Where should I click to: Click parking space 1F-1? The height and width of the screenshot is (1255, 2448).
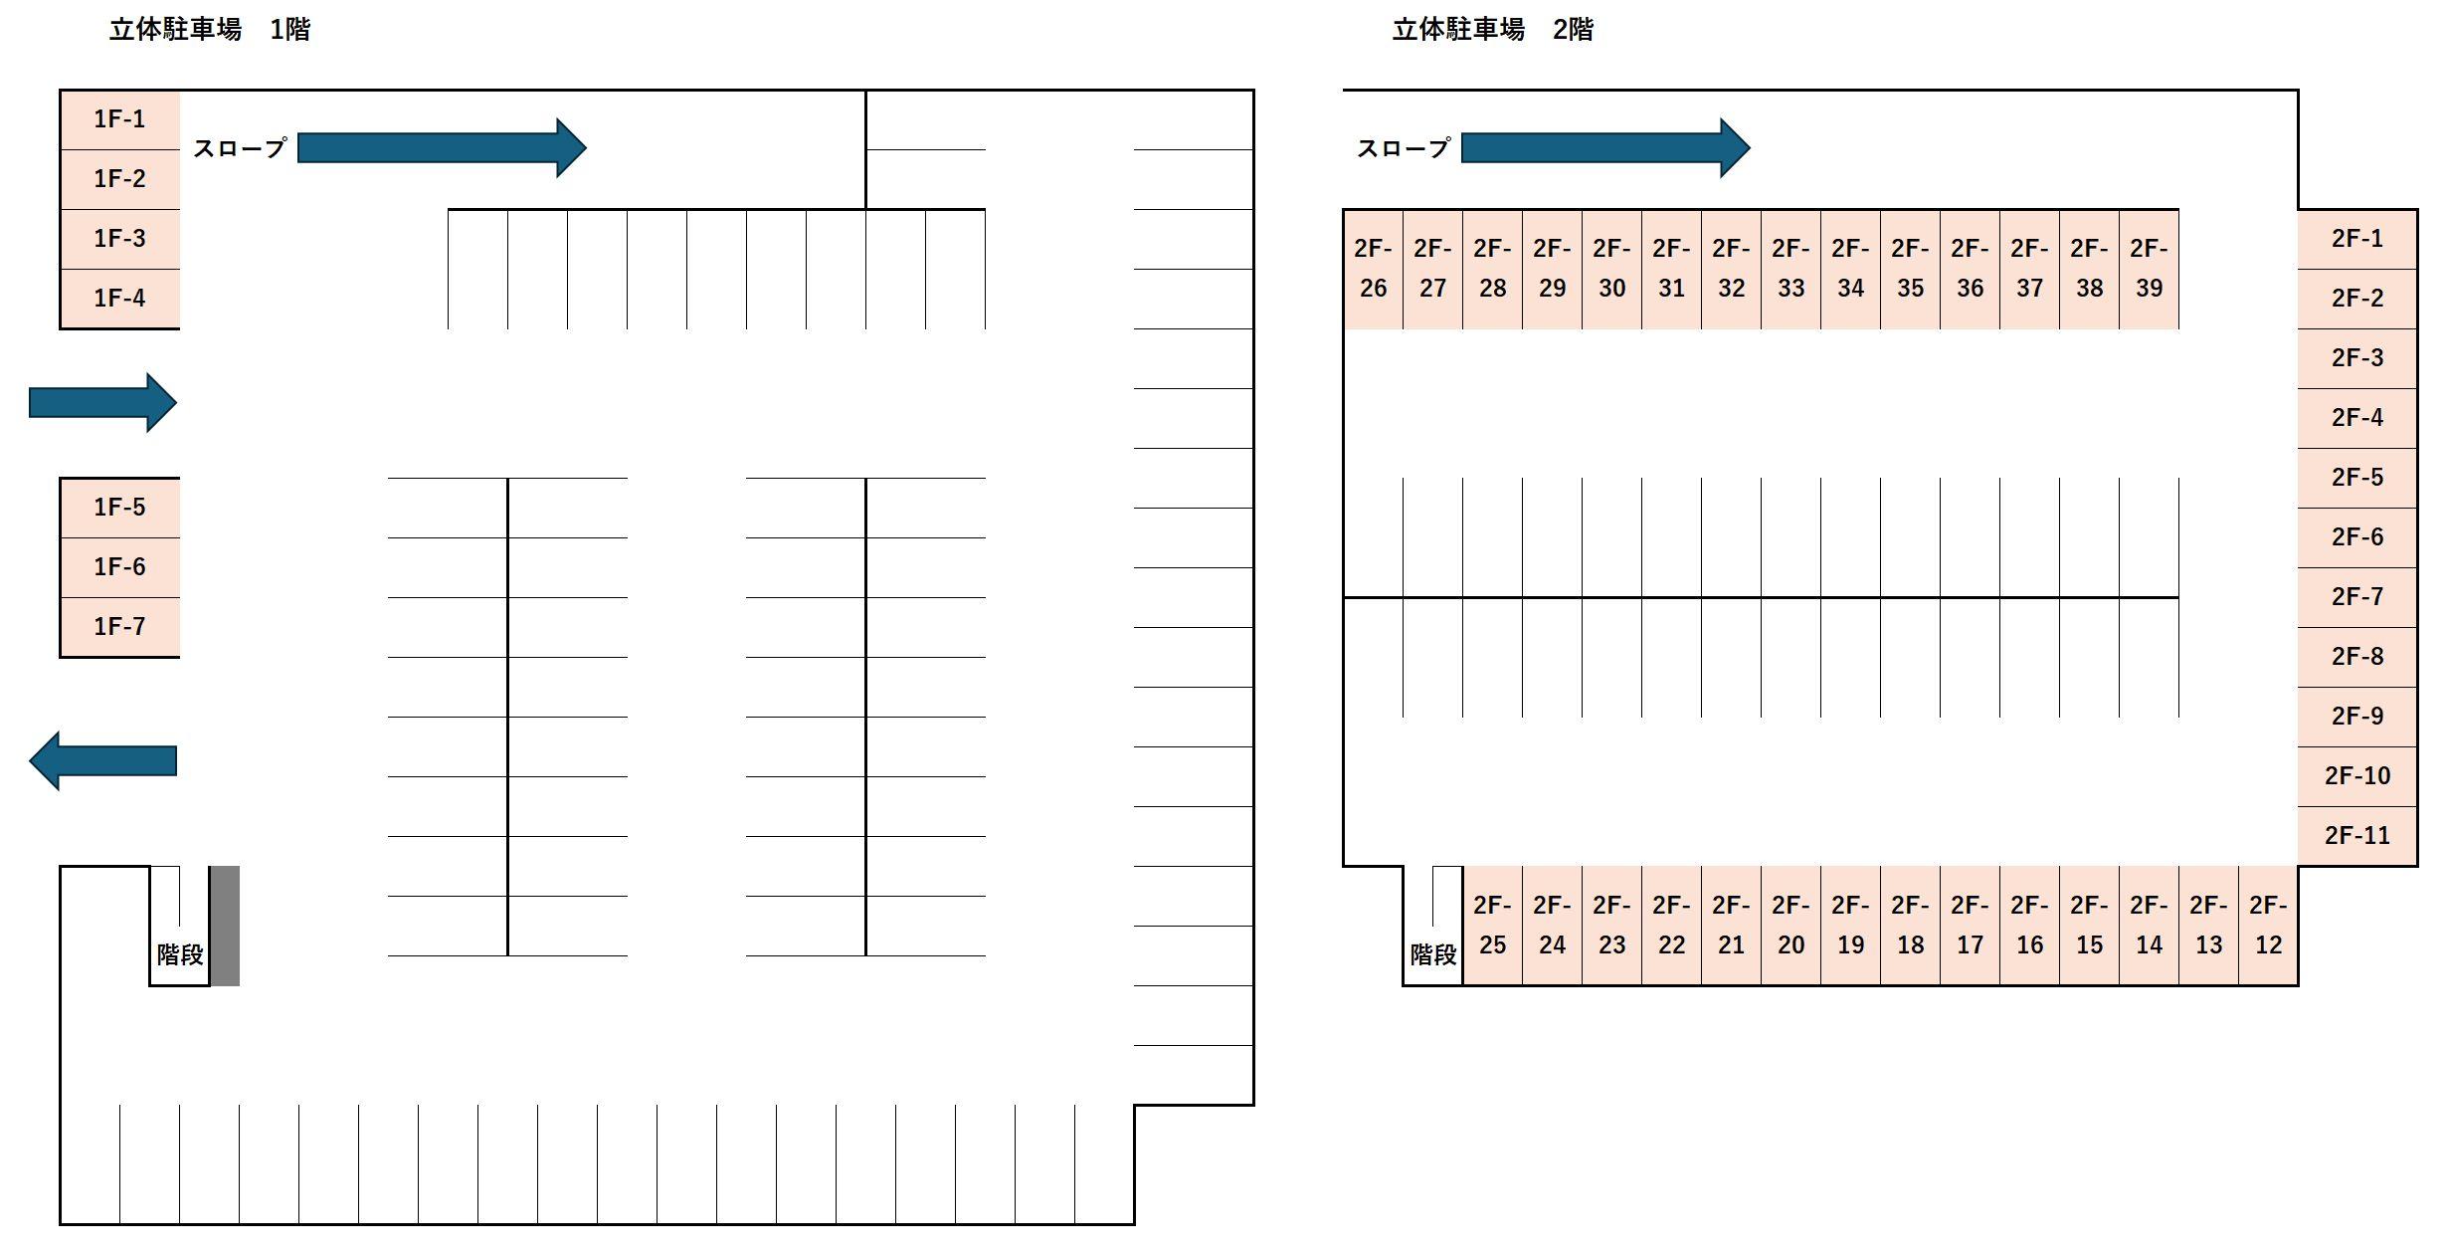119,119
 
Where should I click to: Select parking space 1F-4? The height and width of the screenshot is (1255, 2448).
119,298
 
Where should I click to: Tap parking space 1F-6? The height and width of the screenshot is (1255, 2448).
119,567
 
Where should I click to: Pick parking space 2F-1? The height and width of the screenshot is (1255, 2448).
2356,239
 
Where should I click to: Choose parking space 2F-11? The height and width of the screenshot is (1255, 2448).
2356,836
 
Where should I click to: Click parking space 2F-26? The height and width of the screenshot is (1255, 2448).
1373,269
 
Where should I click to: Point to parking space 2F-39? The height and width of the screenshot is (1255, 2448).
2149,269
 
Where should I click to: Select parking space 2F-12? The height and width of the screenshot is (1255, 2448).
2268,926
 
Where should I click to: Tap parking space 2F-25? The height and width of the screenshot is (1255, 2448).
1492,926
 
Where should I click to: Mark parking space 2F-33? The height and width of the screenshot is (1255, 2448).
1790,269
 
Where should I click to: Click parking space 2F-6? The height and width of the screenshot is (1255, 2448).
2356,537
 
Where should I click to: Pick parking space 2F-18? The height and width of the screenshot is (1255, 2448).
1910,926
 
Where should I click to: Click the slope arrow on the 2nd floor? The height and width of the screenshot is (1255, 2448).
1604,148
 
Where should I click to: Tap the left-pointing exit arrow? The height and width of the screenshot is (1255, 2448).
102,760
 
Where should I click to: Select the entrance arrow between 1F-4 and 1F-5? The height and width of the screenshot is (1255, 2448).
102,402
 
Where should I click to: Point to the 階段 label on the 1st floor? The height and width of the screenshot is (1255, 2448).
180,954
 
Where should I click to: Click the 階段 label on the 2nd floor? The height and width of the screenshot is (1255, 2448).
1433,954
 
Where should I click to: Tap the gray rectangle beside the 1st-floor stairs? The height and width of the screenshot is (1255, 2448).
224,926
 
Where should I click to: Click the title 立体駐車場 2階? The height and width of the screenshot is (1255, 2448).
1492,30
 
